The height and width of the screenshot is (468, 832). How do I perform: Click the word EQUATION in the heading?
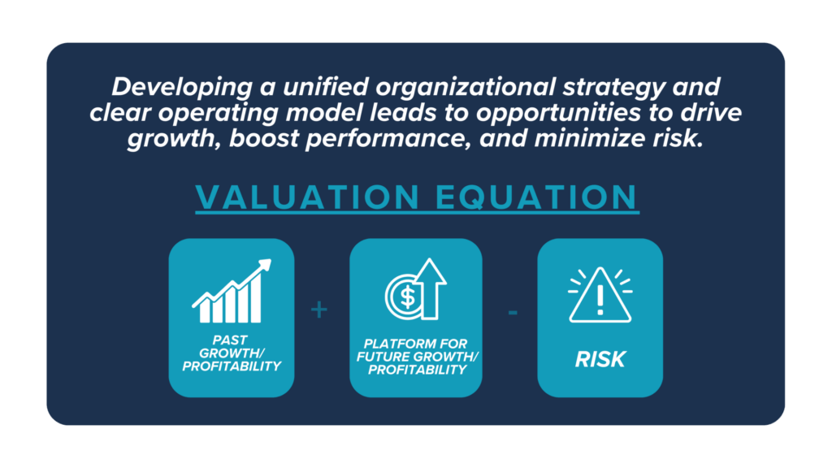click(536, 197)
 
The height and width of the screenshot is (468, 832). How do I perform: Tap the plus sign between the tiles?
click(318, 310)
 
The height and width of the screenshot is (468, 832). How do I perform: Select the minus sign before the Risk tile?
click(513, 313)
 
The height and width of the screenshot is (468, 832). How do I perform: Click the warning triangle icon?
click(600, 295)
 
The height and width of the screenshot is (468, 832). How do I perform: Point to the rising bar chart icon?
click(232, 291)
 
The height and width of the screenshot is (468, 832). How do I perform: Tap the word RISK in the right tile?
click(600, 359)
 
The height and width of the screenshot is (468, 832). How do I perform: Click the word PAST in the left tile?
click(230, 340)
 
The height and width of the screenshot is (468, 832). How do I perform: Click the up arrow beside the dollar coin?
click(431, 288)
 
